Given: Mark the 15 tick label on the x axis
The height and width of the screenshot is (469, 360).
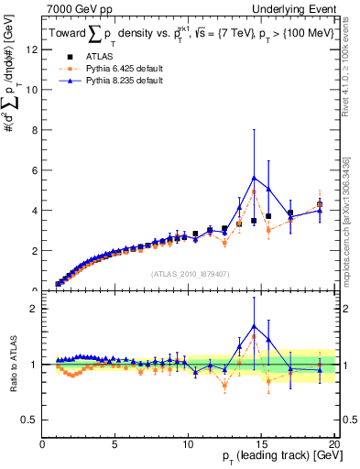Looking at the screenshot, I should (261, 444).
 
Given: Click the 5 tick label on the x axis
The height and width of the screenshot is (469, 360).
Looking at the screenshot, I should (115, 444).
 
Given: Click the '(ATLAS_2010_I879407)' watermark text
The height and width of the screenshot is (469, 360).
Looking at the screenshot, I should (189, 274).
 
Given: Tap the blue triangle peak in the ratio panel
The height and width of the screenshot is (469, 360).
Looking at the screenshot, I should (254, 325).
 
